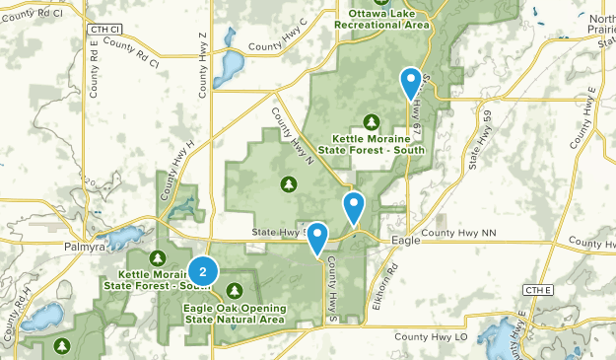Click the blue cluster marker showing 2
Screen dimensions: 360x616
(x=202, y=271)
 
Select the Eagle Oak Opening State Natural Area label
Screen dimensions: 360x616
(x=235, y=314)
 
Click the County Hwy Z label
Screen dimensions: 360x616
(x=203, y=64)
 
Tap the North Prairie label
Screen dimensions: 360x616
(x=599, y=26)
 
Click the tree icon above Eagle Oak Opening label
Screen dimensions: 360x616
(x=235, y=290)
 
